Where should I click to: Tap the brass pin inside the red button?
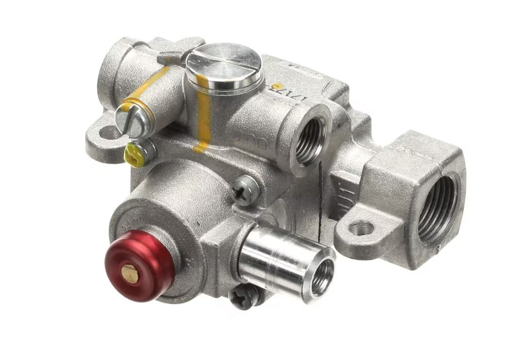click(x=130, y=275)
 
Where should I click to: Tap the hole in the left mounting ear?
click(x=109, y=135)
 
